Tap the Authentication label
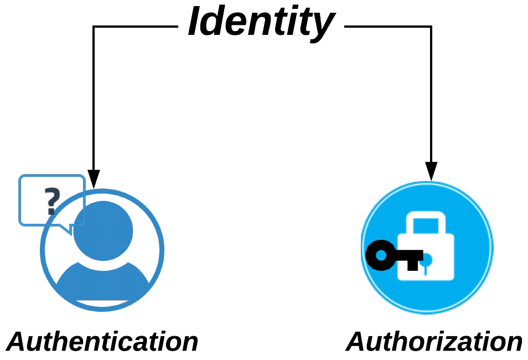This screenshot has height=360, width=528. point(103,342)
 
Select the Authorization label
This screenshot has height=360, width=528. point(434,342)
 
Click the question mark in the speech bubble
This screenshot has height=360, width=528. point(50,201)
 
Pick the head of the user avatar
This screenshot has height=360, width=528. point(103,229)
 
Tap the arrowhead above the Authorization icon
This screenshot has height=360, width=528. point(431,171)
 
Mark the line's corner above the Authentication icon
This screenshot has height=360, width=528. point(94,26)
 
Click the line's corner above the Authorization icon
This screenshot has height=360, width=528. point(431,26)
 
